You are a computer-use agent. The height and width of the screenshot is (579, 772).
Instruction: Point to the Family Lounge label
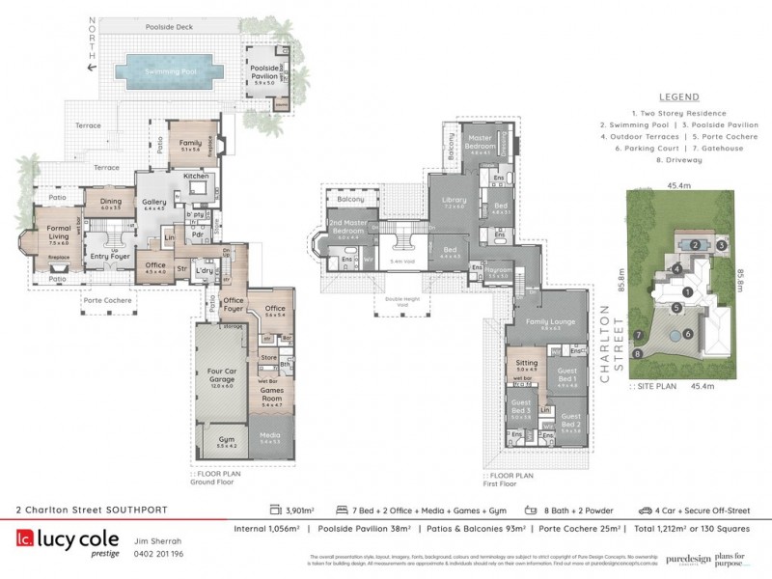point(550,324)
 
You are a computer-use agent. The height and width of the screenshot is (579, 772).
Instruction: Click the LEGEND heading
point(677,97)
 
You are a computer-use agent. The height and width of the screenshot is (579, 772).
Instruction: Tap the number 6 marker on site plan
point(687,334)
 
